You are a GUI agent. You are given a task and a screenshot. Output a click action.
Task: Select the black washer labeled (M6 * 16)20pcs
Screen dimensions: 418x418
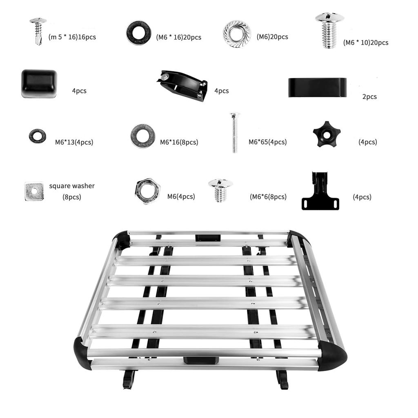138,33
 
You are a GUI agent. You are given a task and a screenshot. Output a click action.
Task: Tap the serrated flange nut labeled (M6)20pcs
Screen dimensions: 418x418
237,33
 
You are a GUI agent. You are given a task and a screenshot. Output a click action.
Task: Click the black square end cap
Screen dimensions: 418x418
39,83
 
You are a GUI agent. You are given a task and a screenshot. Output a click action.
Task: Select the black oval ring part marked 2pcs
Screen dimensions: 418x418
317,87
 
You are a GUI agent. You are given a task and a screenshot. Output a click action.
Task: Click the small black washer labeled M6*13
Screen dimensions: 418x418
37,136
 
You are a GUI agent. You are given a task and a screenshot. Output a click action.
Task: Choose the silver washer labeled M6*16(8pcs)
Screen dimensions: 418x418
142,136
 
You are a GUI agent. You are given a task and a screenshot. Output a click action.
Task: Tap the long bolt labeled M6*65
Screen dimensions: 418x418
234,133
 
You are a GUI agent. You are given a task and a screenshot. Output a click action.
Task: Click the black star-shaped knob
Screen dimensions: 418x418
326,134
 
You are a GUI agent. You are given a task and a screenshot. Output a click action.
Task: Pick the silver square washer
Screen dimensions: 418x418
34,191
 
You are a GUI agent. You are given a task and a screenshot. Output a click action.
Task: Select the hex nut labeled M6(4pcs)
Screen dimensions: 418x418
147,191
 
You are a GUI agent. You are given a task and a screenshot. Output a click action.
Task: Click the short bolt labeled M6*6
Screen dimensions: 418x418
220,189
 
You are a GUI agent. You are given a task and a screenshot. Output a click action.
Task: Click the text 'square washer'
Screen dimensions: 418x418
72,186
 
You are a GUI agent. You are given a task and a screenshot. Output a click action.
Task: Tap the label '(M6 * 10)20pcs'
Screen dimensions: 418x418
365,42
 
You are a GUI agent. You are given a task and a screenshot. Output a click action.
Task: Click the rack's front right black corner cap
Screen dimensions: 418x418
331,355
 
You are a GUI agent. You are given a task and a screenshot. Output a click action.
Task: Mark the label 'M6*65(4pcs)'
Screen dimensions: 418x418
267,142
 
